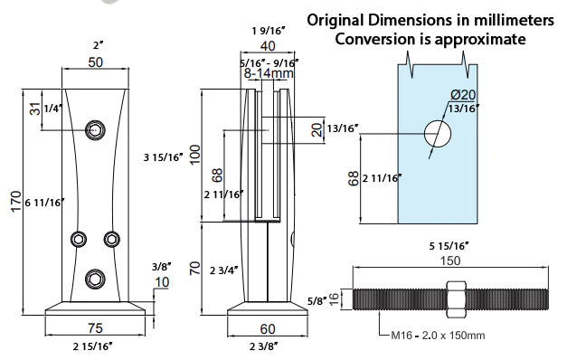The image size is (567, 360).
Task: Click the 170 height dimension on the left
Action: [x=16, y=202]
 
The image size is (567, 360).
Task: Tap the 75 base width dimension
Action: [x=95, y=328]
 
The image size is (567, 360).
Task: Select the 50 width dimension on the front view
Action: [x=96, y=62]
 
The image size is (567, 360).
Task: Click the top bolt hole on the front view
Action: [x=96, y=129]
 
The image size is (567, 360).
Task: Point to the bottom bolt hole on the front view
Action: [x=96, y=279]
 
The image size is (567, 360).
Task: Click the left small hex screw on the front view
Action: [x=79, y=239]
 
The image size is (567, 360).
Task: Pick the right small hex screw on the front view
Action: [x=112, y=239]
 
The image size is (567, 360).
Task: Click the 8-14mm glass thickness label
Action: [x=269, y=73]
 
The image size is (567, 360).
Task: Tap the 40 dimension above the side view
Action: [x=268, y=46]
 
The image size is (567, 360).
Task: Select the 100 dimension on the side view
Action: [x=195, y=155]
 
